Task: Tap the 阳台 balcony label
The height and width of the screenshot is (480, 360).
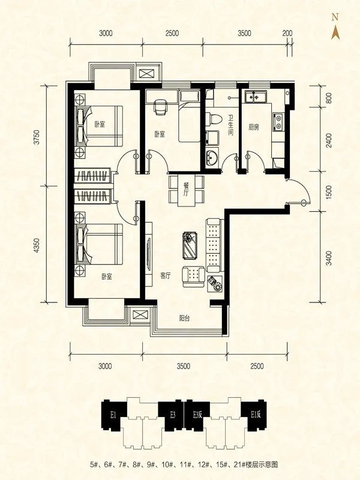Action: point(185,319)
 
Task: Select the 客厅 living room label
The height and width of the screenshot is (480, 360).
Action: point(166,276)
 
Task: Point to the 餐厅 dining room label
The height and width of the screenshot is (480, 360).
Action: point(186,190)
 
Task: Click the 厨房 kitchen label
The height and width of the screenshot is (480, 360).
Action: point(253,127)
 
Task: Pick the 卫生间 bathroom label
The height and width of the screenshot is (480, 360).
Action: point(231,125)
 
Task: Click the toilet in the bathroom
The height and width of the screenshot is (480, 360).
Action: point(214,119)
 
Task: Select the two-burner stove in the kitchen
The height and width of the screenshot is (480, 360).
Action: point(278,122)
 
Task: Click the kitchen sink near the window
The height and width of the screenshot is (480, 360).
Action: point(254,97)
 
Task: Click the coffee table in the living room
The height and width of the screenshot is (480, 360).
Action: point(190,246)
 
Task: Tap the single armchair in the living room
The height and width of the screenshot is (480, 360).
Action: point(193,277)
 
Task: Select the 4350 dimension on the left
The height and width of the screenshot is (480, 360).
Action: point(37,245)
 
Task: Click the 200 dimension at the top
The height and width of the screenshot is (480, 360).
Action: point(287,33)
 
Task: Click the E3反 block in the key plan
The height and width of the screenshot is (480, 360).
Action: point(198,415)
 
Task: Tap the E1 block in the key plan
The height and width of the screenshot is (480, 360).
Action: point(113,415)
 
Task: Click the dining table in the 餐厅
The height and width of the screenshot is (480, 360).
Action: point(186,190)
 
